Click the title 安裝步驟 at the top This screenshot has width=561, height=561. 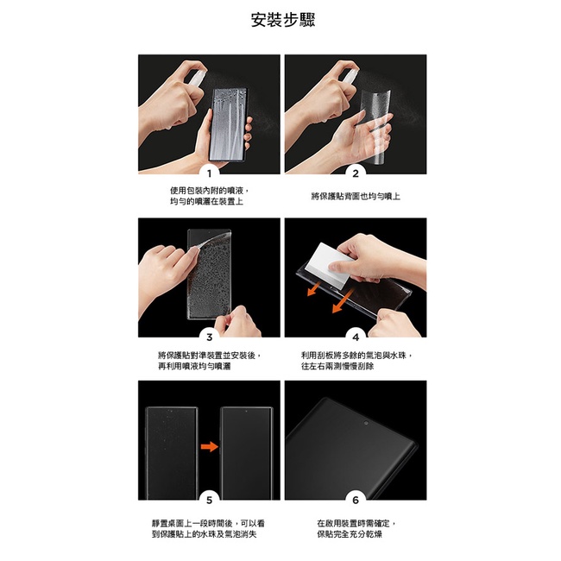tap(282, 20)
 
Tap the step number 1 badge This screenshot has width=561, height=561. tap(210, 173)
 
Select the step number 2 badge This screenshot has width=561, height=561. tap(356, 173)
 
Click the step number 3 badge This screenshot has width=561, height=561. tap(210, 337)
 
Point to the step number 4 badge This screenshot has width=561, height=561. tap(356, 337)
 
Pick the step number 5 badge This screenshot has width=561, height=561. tap(210, 500)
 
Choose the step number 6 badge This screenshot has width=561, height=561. tap(356, 500)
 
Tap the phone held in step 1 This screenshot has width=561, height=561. tap(229, 124)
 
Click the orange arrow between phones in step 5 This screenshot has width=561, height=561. tap(210, 446)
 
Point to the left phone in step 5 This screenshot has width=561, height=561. tap(172, 453)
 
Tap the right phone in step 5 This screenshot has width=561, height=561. tap(247, 453)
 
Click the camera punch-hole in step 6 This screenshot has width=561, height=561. tap(366, 423)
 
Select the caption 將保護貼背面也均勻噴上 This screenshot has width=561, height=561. tap(356, 196)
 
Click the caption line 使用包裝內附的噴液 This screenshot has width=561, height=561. tap(207, 191)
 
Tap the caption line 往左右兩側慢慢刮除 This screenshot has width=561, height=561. tap(337, 366)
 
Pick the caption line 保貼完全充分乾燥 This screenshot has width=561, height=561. tap(350, 534)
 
